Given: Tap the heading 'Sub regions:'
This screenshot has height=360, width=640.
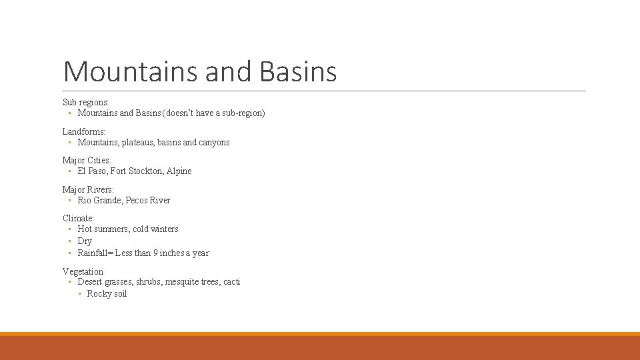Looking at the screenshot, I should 85,102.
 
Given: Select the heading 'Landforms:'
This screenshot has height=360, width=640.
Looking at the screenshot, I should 84,131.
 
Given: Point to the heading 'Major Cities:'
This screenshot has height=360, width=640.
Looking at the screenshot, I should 87,160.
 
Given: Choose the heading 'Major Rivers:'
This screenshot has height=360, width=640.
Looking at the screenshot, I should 88,189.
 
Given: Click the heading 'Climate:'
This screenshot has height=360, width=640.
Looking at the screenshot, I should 78,218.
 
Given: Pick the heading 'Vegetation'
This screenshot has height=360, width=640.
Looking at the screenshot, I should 83,271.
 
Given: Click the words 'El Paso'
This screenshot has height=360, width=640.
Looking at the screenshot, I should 92,171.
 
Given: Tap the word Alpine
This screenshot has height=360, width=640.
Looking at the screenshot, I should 179,171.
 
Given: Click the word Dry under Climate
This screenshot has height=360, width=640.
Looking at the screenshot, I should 85,241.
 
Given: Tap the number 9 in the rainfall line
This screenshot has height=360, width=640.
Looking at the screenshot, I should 155,253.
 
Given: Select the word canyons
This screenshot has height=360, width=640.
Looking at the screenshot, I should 215,142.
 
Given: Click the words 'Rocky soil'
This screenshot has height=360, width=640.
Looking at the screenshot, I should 107,294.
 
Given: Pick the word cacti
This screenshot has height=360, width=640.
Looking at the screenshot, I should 231,282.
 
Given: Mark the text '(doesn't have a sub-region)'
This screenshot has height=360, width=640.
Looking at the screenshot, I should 214,113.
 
